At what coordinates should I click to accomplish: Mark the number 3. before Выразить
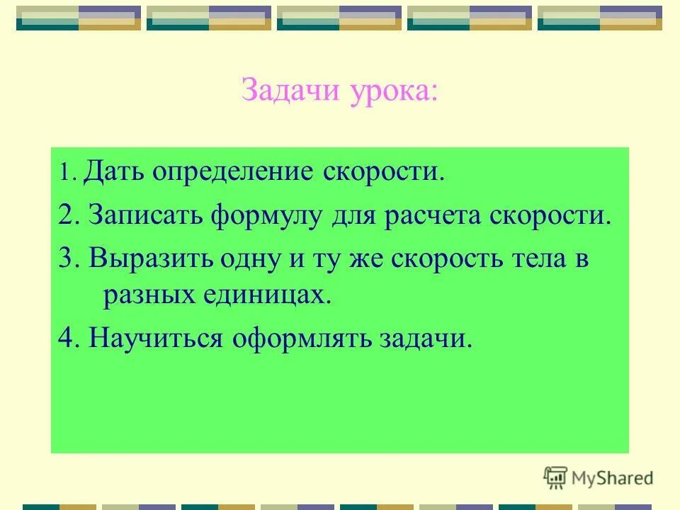[69, 258]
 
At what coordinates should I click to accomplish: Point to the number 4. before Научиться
[69, 338]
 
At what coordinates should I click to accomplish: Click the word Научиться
[156, 339]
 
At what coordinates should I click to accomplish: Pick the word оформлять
[304, 339]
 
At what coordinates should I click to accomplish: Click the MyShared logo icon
[555, 477]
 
